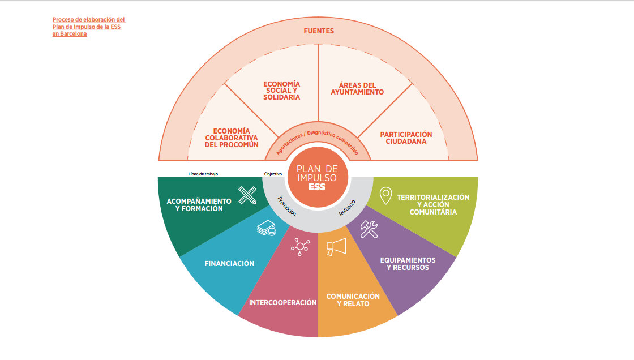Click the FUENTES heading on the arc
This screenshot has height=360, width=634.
coord(318,31)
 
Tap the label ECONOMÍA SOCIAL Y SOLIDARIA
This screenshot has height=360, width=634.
coord(281,91)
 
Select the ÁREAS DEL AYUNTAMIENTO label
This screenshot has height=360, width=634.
coord(357,89)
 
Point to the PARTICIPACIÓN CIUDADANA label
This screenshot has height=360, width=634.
coord(406,138)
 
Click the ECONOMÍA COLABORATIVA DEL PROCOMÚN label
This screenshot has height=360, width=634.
coord(232,138)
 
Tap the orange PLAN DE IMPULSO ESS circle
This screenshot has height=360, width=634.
coord(318,177)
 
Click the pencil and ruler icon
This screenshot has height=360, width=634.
coord(247,195)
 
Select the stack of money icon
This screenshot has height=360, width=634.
coord(267,228)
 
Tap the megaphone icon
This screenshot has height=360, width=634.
coord(336,247)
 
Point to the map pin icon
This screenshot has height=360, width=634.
coord(386,196)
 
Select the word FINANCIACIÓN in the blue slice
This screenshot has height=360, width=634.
coord(229,264)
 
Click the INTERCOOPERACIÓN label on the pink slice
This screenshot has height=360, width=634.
coord(282,303)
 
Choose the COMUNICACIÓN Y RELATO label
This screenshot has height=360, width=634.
coord(353,300)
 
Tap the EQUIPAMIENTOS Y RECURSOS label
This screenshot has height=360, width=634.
coord(408,264)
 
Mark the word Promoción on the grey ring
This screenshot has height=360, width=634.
coord(287,206)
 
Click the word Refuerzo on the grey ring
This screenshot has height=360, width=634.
coord(347,208)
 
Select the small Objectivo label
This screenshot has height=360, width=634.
coord(273,174)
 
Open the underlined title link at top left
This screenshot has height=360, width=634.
coord(89,27)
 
